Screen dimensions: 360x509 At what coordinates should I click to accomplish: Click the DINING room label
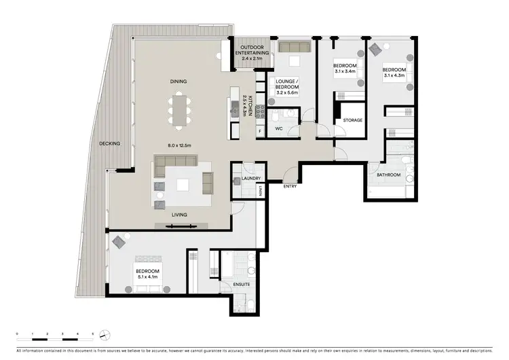(178, 82)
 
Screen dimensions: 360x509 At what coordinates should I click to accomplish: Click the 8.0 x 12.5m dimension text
(178, 145)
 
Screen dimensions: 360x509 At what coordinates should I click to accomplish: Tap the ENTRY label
(290, 186)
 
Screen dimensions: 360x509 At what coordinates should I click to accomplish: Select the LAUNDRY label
(250, 179)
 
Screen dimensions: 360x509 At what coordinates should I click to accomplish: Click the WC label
(278, 128)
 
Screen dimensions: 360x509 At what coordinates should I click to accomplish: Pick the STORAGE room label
(352, 120)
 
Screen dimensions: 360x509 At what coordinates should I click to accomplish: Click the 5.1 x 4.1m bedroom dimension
(147, 277)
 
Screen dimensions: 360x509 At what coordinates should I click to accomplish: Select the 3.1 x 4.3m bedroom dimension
(393, 75)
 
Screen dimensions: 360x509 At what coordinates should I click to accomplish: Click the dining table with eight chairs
(178, 111)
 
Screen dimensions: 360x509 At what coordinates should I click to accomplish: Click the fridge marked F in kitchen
(259, 130)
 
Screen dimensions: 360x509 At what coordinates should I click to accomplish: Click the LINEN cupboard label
(260, 192)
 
